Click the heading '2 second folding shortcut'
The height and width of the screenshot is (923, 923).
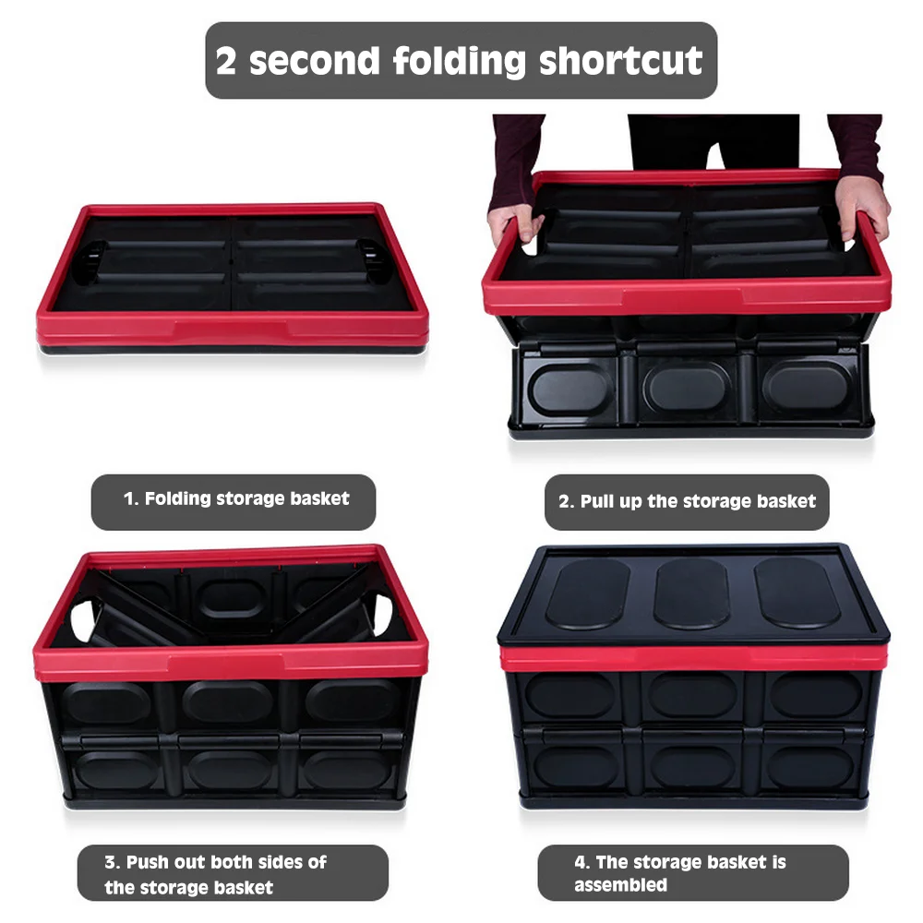(460, 61)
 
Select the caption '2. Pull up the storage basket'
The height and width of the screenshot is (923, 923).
(687, 501)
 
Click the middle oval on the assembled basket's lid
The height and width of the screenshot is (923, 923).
(691, 593)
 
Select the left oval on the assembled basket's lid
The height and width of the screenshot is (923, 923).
(587, 593)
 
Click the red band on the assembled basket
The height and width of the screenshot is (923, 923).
(691, 657)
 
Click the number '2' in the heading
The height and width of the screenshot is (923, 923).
(226, 61)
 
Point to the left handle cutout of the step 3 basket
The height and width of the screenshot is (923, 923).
(80, 617)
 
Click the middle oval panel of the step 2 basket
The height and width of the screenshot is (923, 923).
(686, 386)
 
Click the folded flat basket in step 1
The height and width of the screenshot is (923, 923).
(233, 277)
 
